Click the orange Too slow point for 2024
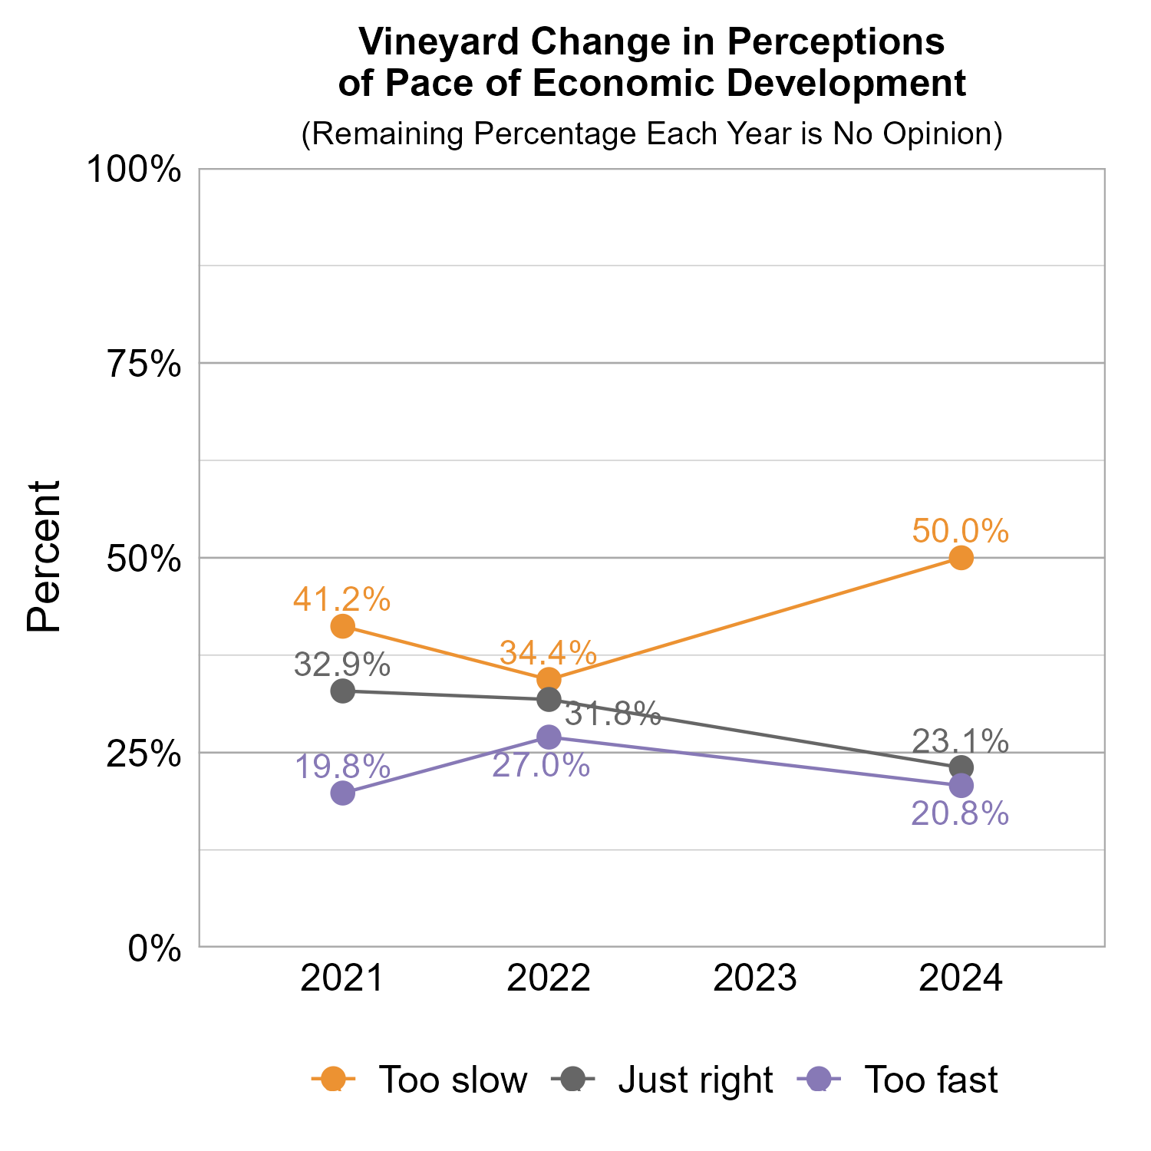[x=961, y=558]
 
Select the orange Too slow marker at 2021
[x=343, y=626]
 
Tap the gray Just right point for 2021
[x=343, y=691]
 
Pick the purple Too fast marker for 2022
[x=549, y=737]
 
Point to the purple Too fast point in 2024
[x=961, y=785]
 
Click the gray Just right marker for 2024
[x=961, y=767]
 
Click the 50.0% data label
[x=960, y=531]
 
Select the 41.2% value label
[x=342, y=599]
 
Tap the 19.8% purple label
[x=342, y=766]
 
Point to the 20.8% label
[x=960, y=813]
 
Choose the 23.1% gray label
[x=960, y=741]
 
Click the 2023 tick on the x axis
[x=755, y=979]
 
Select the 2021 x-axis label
[x=342, y=979]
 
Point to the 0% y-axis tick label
[x=155, y=948]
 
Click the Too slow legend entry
[x=453, y=1080]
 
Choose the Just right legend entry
[x=695, y=1080]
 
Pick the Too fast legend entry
[x=931, y=1080]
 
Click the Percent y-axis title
[x=44, y=557]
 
